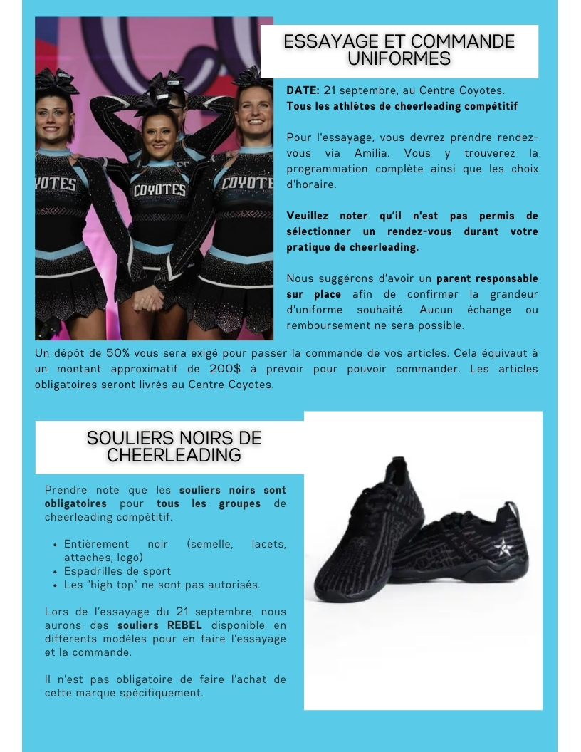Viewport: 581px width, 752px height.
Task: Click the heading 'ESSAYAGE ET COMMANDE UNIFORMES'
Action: (399, 50)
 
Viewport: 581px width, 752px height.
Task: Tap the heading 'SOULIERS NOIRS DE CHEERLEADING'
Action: (174, 446)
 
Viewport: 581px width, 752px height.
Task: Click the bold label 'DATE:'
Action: (303, 90)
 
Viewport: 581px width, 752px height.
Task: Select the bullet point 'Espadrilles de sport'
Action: (117, 570)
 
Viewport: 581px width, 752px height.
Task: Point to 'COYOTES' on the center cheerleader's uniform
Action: (159, 190)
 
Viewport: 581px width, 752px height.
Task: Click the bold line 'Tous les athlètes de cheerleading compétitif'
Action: (402, 106)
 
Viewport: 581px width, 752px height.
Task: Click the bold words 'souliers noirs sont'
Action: (233, 490)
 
